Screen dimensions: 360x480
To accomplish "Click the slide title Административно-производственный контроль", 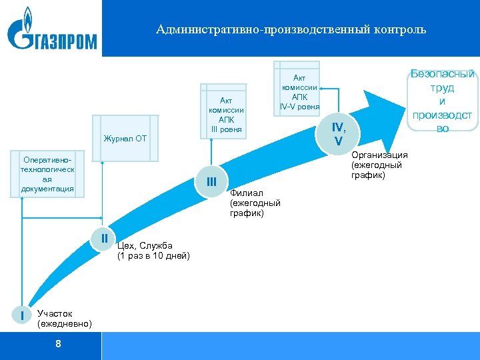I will [x=291, y=30].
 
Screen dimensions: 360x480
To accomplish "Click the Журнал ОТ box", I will [x=126, y=139].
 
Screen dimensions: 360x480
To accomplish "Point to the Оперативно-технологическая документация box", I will [x=47, y=175].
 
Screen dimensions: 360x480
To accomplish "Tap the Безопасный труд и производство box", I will [x=443, y=101].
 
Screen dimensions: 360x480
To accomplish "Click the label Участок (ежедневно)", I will [x=65, y=319].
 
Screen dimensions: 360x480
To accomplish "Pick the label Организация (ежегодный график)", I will [x=379, y=165].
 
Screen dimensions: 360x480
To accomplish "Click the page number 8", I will [x=59, y=344].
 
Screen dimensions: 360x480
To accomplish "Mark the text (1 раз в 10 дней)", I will [x=153, y=256].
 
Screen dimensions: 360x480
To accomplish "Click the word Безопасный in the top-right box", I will [x=443, y=74].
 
